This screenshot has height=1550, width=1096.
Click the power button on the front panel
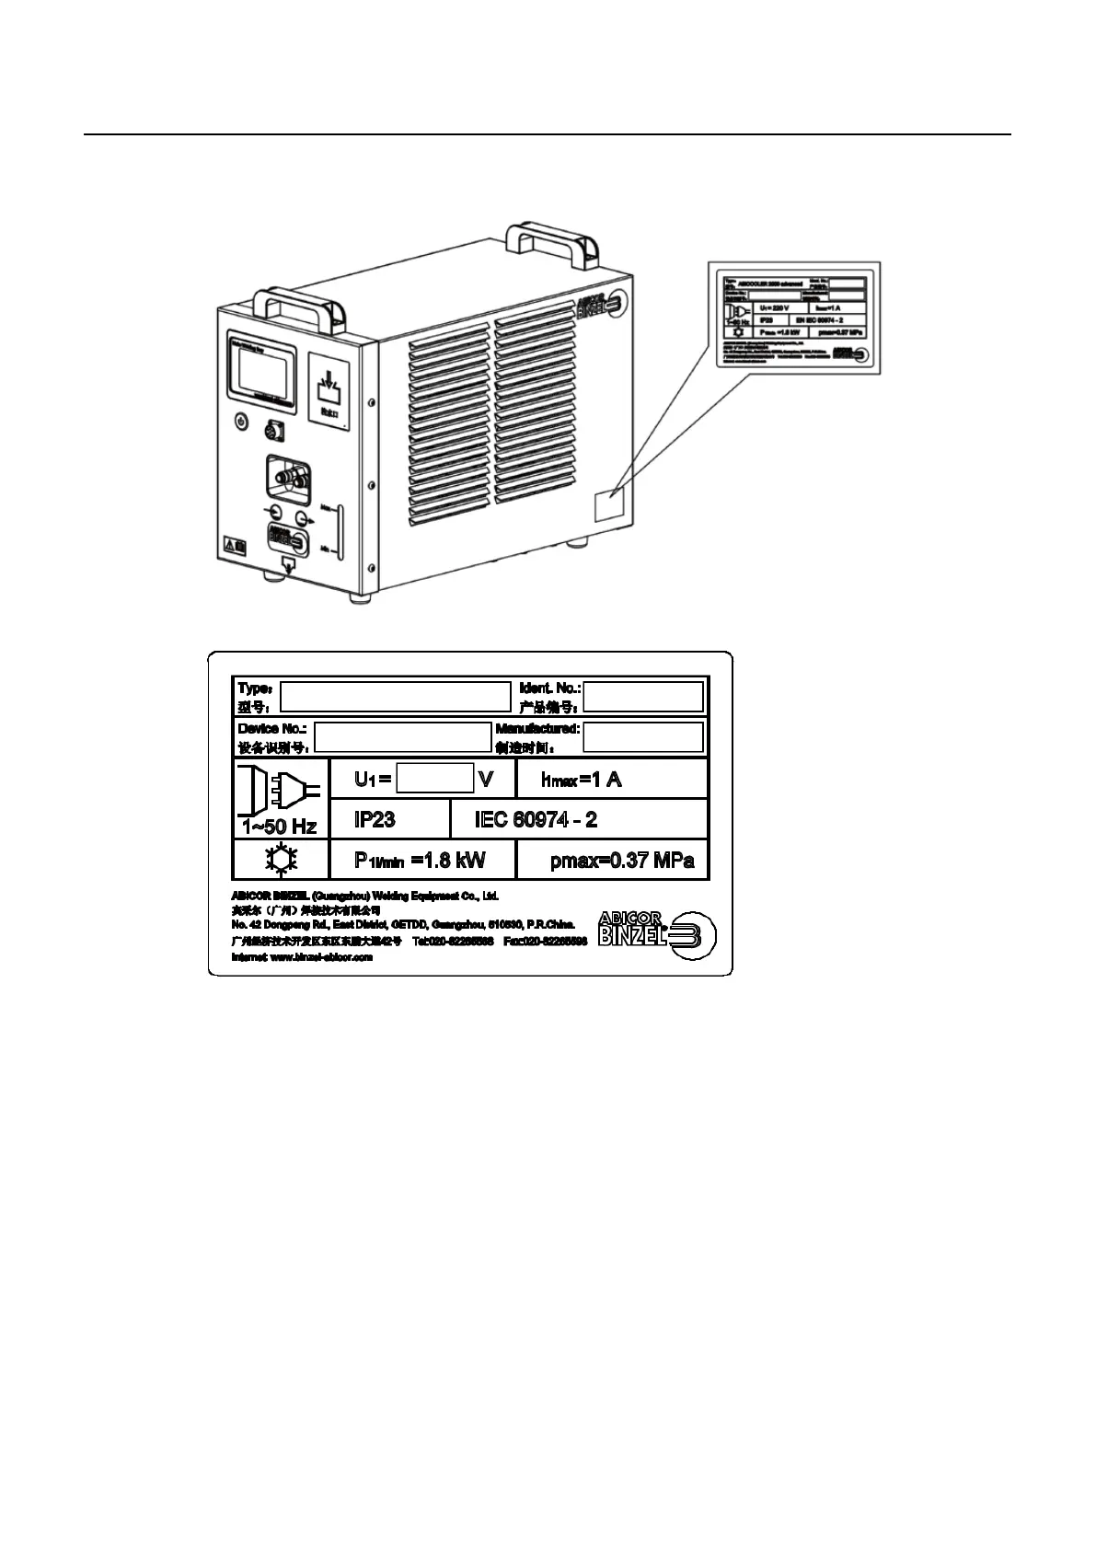(240, 421)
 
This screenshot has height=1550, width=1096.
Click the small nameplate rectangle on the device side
(608, 507)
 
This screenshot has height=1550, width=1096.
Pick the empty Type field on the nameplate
(395, 697)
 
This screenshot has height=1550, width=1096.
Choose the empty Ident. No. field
(643, 697)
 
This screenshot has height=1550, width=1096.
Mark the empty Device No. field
(403, 737)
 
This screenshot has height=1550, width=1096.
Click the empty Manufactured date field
(643, 737)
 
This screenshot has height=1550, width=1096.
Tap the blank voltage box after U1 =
(434, 779)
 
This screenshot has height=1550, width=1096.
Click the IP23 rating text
(375, 819)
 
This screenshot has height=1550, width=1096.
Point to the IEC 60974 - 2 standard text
(536, 819)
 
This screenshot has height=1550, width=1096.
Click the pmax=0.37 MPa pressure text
(622, 862)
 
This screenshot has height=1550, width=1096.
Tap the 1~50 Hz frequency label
(279, 827)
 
